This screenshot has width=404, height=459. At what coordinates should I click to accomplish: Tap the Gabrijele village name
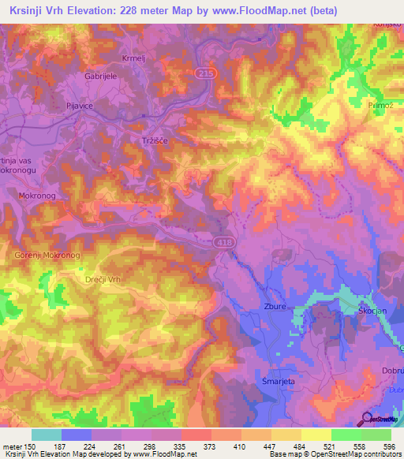point(100,77)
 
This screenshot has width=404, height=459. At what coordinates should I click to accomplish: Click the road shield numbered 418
point(224,244)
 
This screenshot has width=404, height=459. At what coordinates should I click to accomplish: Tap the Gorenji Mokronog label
point(47,256)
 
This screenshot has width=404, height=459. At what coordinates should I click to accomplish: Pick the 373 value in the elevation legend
point(207,447)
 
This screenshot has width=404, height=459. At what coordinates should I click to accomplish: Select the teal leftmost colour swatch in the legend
point(47,435)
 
